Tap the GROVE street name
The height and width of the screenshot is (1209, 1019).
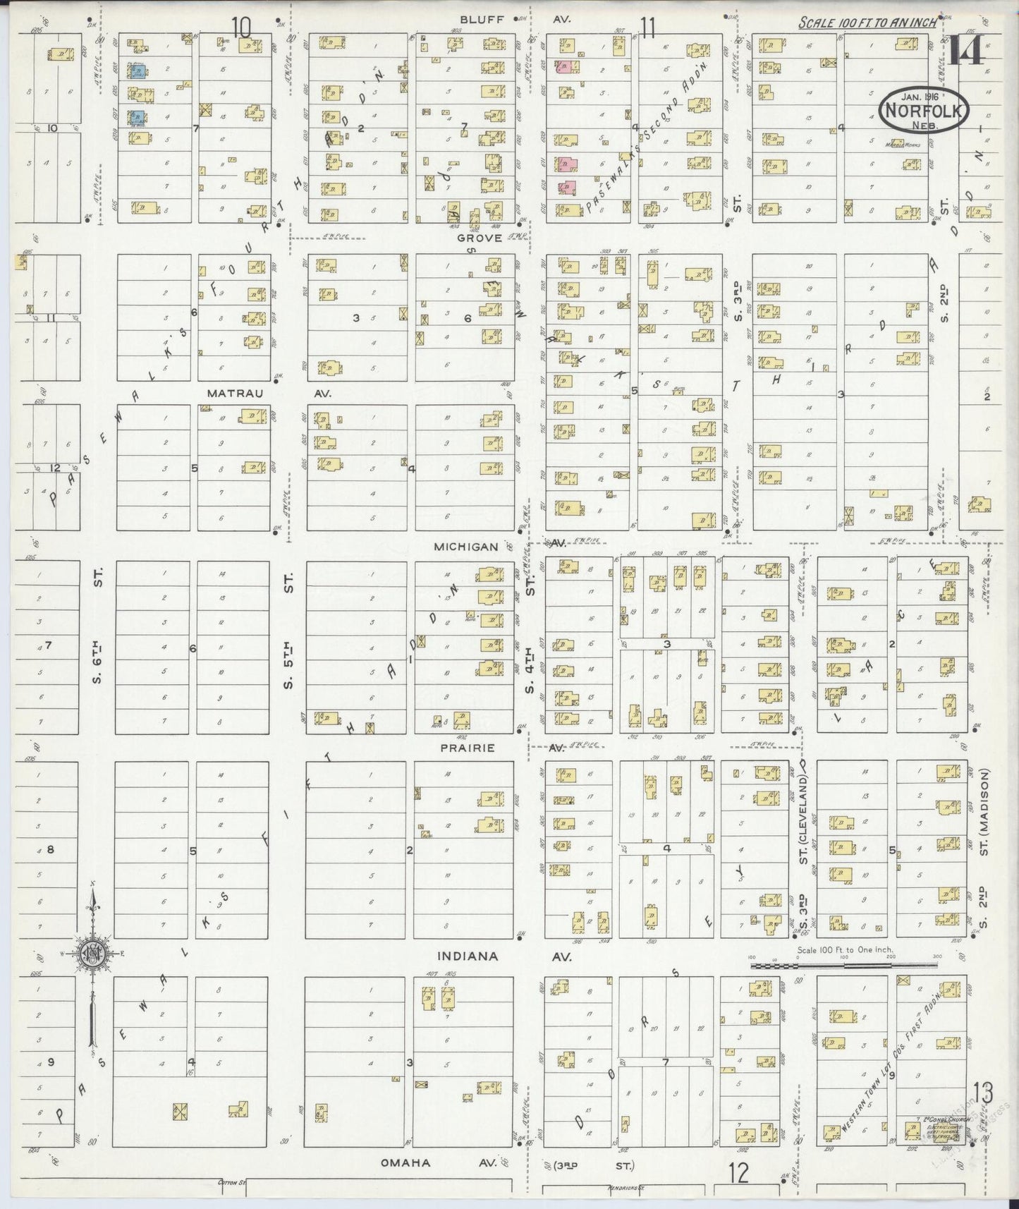(x=478, y=238)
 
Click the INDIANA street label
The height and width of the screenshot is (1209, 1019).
(x=468, y=956)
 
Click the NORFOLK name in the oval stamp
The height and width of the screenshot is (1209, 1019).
(x=924, y=111)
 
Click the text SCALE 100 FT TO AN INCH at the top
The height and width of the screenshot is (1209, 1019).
(x=867, y=23)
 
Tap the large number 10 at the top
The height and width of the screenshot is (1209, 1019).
(x=241, y=28)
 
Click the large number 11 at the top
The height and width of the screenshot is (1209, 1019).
(x=647, y=28)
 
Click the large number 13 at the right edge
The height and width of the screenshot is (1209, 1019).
(x=982, y=1093)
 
